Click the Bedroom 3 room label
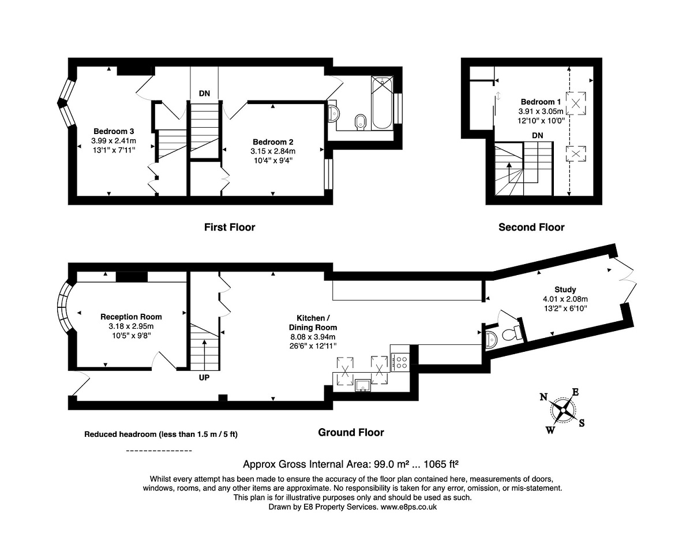tap(114, 131)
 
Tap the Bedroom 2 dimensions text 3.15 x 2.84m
tap(273, 151)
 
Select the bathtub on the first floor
tap(381, 103)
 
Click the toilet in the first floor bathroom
tap(361, 122)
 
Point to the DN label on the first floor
tap(204, 94)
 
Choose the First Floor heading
tap(230, 228)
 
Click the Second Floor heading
tap(531, 228)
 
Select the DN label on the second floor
tap(537, 136)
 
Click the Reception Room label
tap(131, 317)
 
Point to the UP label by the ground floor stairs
tap(204, 378)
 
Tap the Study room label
tap(565, 289)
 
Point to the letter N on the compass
tap(543, 397)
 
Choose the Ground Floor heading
tap(351, 433)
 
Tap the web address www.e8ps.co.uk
tap(409, 507)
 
